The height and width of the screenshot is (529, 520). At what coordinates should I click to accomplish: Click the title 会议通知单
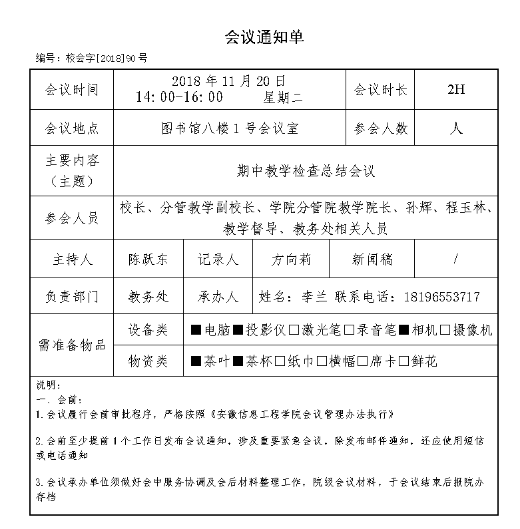264,38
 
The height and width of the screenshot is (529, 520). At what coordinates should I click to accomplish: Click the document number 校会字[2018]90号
106,59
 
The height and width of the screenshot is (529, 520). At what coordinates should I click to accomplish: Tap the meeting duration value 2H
455,90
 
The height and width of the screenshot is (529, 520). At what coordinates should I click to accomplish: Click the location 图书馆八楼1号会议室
230,128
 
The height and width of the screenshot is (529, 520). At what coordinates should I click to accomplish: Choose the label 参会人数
381,128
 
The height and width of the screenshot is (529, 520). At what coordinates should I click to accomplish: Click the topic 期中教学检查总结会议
306,171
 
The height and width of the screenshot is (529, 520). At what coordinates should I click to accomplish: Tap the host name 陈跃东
148,260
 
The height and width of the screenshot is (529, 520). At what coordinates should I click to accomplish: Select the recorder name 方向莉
291,260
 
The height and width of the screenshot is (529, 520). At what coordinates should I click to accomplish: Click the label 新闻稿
372,260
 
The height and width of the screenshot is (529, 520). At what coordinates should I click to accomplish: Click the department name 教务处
148,296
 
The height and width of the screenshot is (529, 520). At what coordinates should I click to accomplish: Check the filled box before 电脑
196,330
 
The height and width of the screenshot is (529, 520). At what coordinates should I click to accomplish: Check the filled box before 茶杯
238,362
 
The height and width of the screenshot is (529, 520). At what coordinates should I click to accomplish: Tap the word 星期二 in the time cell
283,97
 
